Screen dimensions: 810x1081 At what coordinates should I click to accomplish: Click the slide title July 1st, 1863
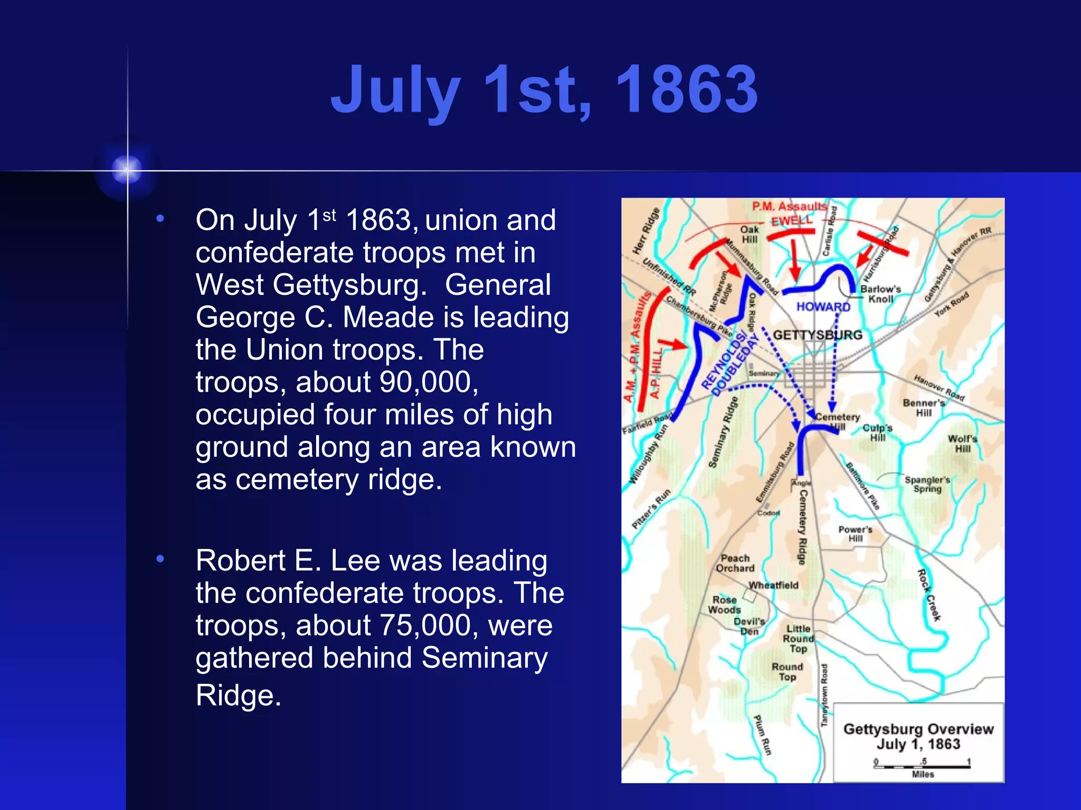[544, 90]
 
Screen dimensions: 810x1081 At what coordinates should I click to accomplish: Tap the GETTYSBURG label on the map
[818, 335]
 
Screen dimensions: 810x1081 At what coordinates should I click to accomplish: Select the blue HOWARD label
[823, 306]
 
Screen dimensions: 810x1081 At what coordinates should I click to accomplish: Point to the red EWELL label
[792, 221]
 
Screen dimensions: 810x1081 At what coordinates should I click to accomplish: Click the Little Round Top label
[798, 639]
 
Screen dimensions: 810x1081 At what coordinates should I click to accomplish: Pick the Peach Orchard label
[735, 563]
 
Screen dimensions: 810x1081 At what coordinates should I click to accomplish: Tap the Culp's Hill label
[877, 432]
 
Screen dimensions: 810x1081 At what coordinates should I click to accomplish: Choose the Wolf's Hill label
[962, 443]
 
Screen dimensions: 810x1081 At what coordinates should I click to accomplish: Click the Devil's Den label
[749, 626]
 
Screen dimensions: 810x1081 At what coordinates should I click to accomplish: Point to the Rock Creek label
[929, 595]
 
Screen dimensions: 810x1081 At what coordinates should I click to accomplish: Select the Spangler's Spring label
[927, 484]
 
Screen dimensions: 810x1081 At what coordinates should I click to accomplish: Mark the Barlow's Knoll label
[880, 294]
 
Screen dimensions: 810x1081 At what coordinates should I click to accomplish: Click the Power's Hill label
[855, 534]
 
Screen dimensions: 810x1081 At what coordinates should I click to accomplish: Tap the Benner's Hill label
[924, 408]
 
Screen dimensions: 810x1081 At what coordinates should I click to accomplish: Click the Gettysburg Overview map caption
[918, 736]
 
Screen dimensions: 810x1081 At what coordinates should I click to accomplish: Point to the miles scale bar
[922, 765]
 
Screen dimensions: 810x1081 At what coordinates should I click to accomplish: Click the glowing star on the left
[127, 170]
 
